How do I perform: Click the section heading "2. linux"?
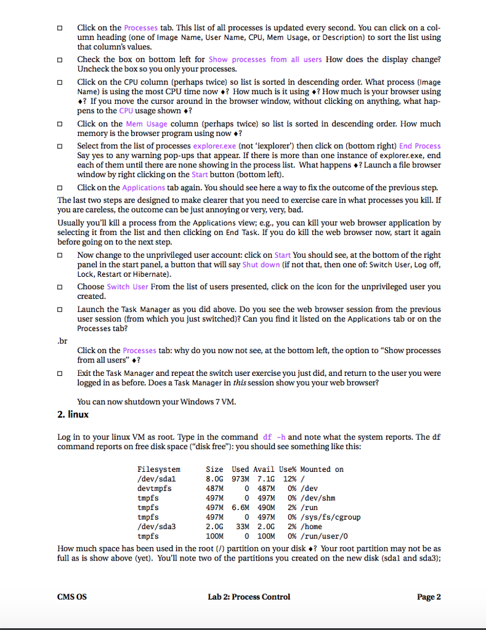pos(73,415)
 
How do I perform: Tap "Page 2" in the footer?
pos(429,597)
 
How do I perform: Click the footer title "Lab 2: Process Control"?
pos(249,597)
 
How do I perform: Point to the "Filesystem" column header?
pos(159,469)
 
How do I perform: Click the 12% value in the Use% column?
pos(287,479)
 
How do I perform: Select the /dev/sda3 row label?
pos(156,527)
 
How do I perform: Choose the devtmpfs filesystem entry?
pos(155,488)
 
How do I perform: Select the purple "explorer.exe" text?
pos(214,146)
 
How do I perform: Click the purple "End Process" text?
pos(419,146)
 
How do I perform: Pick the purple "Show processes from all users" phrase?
pos(265,60)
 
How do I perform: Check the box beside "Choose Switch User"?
pos(60,287)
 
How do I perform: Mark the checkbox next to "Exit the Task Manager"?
pos(60,373)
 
